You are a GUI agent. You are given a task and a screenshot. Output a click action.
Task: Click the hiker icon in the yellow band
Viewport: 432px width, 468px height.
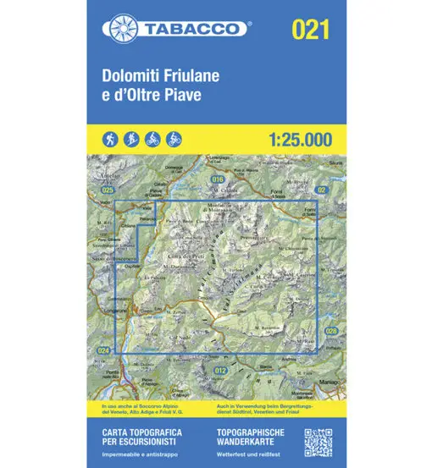[x=111, y=138]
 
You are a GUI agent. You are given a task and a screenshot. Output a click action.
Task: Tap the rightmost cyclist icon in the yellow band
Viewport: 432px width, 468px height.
[x=174, y=138]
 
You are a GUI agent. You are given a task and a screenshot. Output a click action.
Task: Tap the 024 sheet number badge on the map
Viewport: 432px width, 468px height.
[x=103, y=350]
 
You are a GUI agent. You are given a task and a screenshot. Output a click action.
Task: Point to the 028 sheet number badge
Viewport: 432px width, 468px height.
[x=331, y=331]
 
